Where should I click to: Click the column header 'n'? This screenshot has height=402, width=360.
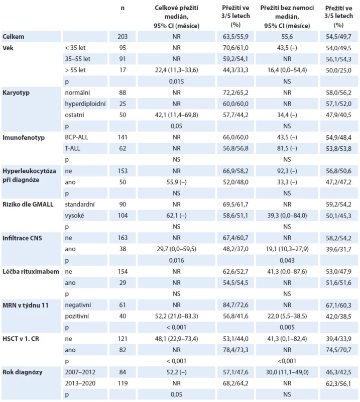point(123,8)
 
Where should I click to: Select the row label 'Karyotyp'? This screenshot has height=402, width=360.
point(16,92)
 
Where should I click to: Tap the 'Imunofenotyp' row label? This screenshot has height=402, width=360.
point(24,137)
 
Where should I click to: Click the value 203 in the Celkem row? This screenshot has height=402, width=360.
point(123,36)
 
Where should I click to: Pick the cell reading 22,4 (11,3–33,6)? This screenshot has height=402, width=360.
point(176,70)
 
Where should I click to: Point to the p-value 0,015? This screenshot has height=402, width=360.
point(176,81)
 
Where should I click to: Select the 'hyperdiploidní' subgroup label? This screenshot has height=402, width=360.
point(85,104)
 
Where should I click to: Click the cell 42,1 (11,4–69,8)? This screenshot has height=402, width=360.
point(176,115)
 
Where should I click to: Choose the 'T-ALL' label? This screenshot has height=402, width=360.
point(72,148)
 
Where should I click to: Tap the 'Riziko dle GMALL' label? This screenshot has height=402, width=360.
point(28,205)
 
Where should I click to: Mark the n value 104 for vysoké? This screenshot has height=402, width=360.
point(123,216)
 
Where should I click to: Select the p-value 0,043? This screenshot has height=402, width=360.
point(287,260)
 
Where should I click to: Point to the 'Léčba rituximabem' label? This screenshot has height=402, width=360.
point(31,271)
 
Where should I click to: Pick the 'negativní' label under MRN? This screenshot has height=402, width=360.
point(78,305)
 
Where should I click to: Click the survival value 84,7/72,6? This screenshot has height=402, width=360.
point(235,305)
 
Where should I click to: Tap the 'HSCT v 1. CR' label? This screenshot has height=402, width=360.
point(21,339)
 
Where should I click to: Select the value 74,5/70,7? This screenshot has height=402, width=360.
point(338,350)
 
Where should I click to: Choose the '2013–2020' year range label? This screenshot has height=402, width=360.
point(80,383)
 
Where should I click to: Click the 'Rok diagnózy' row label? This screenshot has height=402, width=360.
point(23,372)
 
